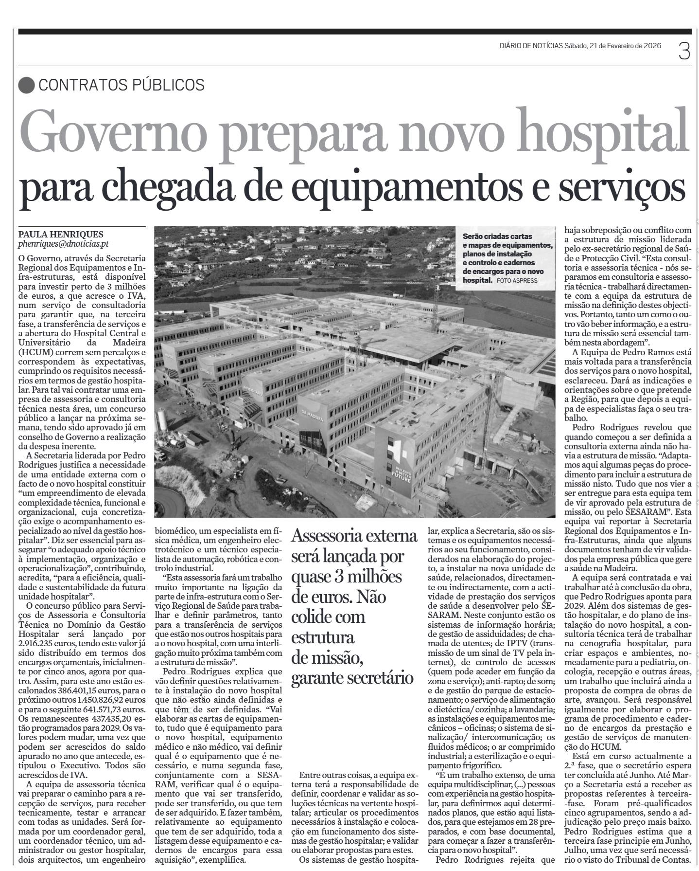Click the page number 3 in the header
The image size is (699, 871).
[684, 51]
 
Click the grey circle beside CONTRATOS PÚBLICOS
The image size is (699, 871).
[26, 85]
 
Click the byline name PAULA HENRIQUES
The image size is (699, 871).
[61, 235]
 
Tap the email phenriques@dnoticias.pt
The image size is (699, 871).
[64, 244]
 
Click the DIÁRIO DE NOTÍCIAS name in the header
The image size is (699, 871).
[531, 46]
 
